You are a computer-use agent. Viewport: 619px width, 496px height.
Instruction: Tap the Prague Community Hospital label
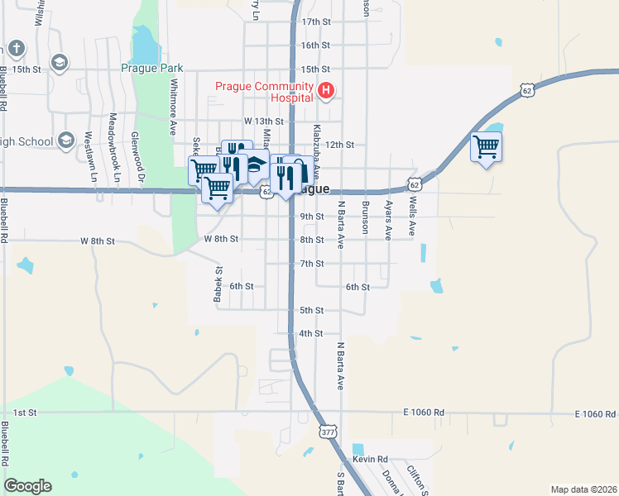coord(264,91)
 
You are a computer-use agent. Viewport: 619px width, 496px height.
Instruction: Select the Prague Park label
coord(151,69)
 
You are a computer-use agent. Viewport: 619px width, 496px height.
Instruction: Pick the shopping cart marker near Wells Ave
coord(487,147)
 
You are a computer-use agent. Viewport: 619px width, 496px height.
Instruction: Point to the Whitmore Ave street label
coord(174,107)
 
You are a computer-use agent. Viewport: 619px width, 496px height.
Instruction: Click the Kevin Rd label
coord(370,459)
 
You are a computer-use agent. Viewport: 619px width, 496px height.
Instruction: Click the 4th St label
coord(311,334)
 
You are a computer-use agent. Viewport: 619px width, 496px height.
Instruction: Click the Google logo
coord(27,486)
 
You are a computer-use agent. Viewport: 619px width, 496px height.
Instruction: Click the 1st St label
coord(26,412)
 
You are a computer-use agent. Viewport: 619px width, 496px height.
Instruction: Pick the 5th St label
coord(311,310)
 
